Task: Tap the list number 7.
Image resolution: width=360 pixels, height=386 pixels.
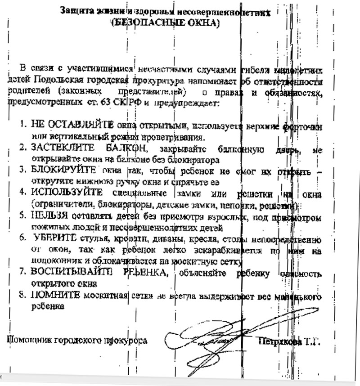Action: click(23, 273)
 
